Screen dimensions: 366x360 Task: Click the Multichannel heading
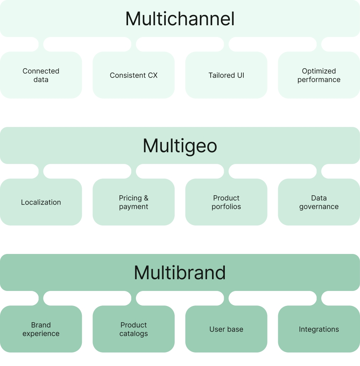coord(180,19)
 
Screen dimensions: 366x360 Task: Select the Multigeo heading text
coord(180,146)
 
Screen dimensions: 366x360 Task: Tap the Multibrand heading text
coord(180,273)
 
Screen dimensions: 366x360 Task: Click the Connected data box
coord(41,75)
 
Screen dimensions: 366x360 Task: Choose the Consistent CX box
coord(134,75)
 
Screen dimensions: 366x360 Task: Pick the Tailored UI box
coord(226,75)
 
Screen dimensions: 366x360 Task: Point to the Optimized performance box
coord(319,75)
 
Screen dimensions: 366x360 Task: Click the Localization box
coord(41,202)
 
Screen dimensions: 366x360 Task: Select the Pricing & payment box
coord(134,202)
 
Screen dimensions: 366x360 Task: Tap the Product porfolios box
coord(226,202)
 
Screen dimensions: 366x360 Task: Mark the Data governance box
coord(319,202)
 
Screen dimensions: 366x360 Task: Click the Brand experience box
coord(41,329)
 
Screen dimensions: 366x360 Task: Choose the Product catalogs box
coord(134,329)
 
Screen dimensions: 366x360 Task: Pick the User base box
coord(226,329)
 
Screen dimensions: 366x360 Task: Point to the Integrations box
coord(319,329)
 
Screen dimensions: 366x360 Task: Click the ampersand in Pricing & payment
coord(146,198)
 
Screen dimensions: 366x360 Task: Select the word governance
coord(319,207)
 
